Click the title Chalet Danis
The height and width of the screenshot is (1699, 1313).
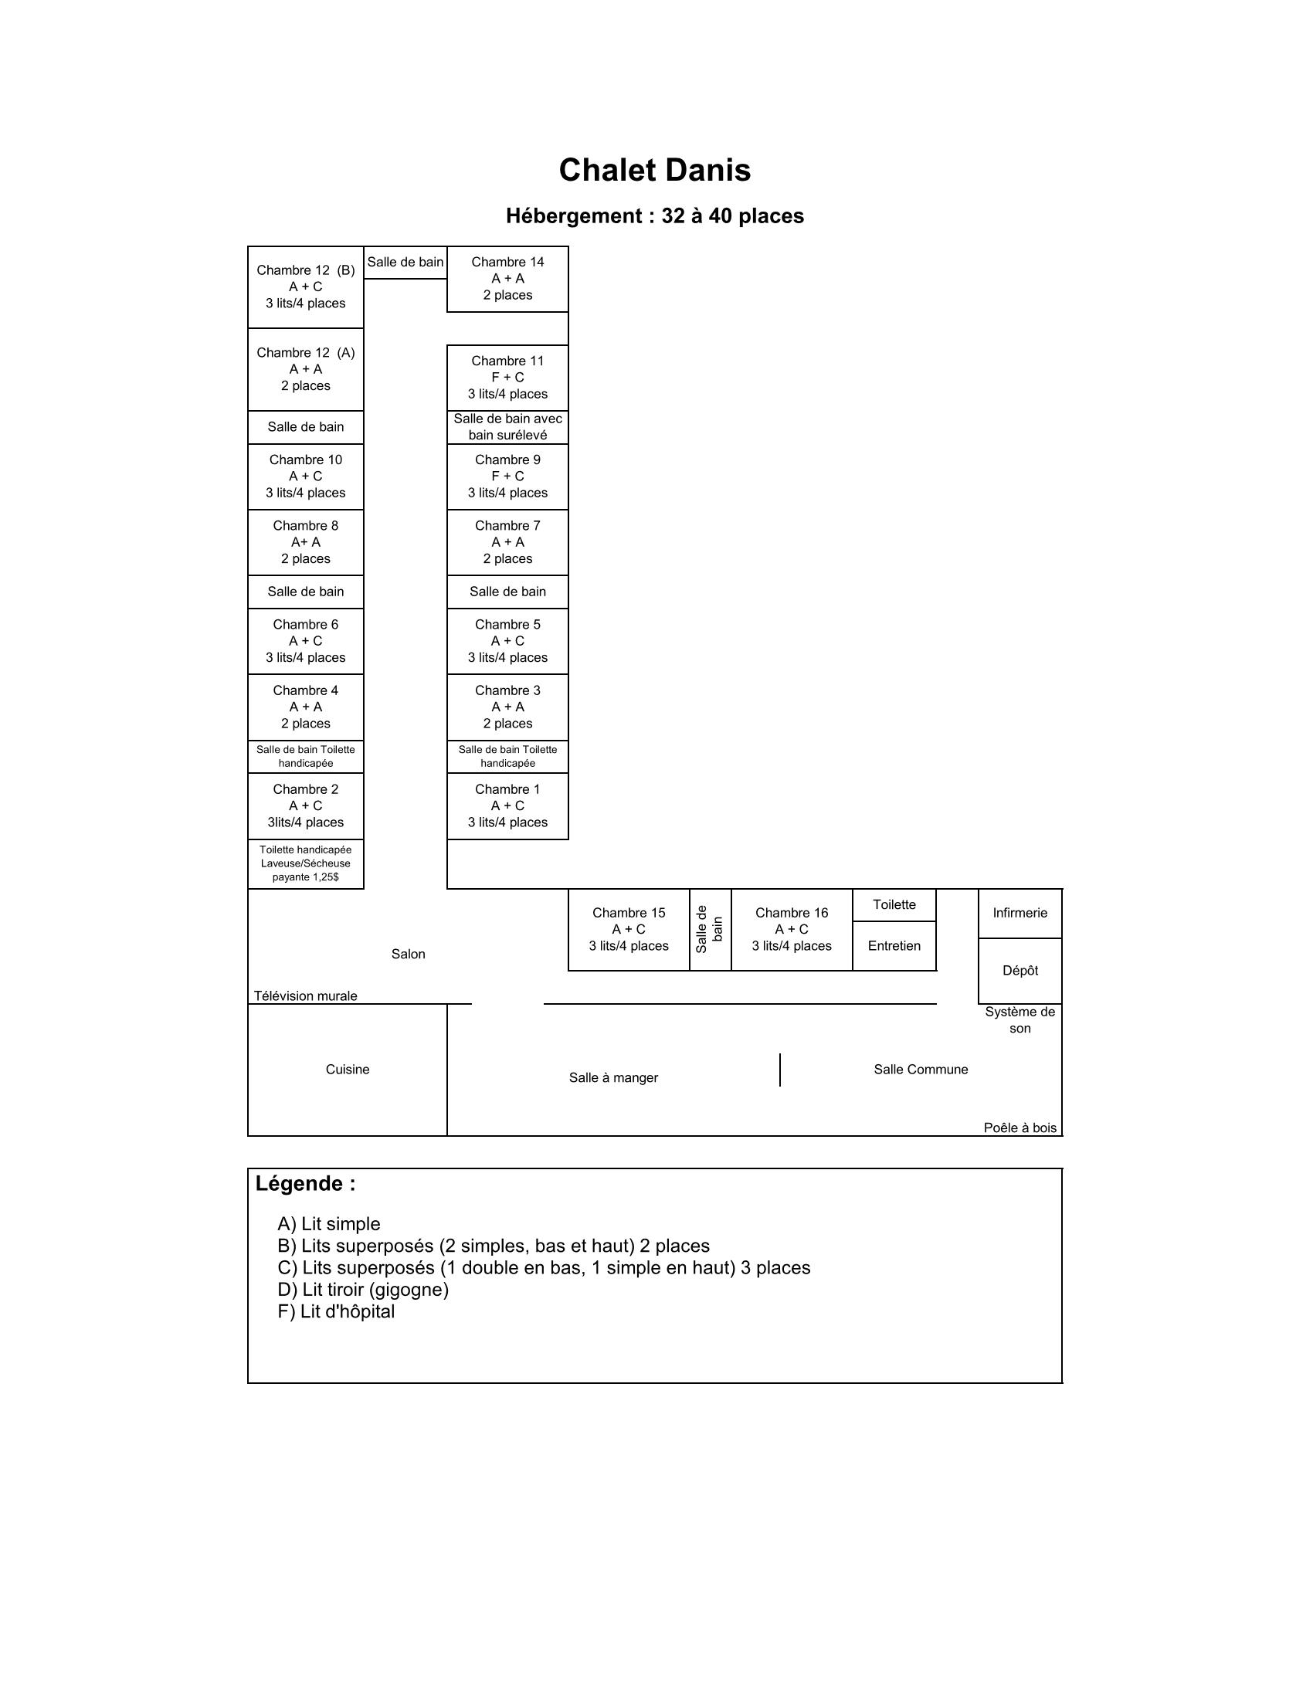[654, 171]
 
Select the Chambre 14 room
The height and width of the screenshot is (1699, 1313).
[507, 279]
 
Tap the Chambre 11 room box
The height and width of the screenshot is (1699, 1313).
[507, 378]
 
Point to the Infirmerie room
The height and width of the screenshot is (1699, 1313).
[1019, 914]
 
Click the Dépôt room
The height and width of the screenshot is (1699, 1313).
[1019, 971]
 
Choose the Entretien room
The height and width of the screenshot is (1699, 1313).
[894, 946]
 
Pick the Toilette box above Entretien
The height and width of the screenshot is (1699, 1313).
[894, 905]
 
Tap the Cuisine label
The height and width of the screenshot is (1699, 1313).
[347, 1070]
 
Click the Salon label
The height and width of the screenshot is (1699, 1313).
[408, 955]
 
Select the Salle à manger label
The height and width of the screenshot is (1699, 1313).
[613, 1078]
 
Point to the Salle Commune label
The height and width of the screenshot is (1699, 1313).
[920, 1070]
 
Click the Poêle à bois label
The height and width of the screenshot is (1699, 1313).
[1019, 1128]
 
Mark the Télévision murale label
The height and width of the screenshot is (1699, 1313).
[305, 996]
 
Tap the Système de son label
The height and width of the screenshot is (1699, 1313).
[1019, 1020]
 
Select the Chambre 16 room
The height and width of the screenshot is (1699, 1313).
[791, 930]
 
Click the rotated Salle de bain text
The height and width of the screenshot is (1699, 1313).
[709, 930]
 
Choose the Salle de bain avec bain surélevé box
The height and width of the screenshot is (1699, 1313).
[507, 427]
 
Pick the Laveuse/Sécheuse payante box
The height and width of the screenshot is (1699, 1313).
[305, 863]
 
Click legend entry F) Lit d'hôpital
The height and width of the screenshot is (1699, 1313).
[336, 1311]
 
